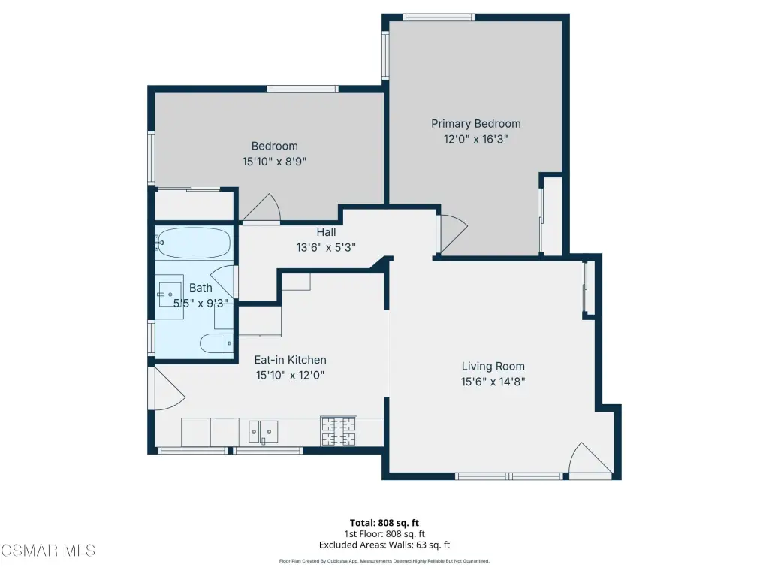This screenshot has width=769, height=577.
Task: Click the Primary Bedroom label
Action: [475, 124]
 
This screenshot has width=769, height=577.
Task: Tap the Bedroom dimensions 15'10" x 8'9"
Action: [275, 162]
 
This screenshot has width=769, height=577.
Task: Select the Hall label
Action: [326, 232]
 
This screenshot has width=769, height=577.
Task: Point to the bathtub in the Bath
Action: [195, 243]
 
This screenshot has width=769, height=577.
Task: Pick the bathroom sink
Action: [170, 295]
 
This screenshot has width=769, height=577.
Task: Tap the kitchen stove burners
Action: [339, 431]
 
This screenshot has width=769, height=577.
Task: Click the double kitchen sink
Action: [264, 432]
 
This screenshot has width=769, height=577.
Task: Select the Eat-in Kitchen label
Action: [291, 360]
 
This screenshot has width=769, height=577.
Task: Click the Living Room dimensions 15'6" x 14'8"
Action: [493, 382]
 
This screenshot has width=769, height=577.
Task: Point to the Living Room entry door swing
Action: [590, 458]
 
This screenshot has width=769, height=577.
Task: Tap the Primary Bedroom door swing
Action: [453, 234]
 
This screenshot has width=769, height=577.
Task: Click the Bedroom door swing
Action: [261, 208]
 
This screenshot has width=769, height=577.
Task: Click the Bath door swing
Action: [224, 281]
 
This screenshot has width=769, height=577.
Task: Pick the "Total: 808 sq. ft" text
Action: [384, 523]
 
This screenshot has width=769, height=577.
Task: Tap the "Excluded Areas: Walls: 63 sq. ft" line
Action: [384, 545]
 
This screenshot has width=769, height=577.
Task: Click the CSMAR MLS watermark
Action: [48, 551]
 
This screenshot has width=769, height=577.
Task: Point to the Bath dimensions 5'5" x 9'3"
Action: [201, 304]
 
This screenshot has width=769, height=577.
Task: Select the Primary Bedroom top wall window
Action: [439, 17]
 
